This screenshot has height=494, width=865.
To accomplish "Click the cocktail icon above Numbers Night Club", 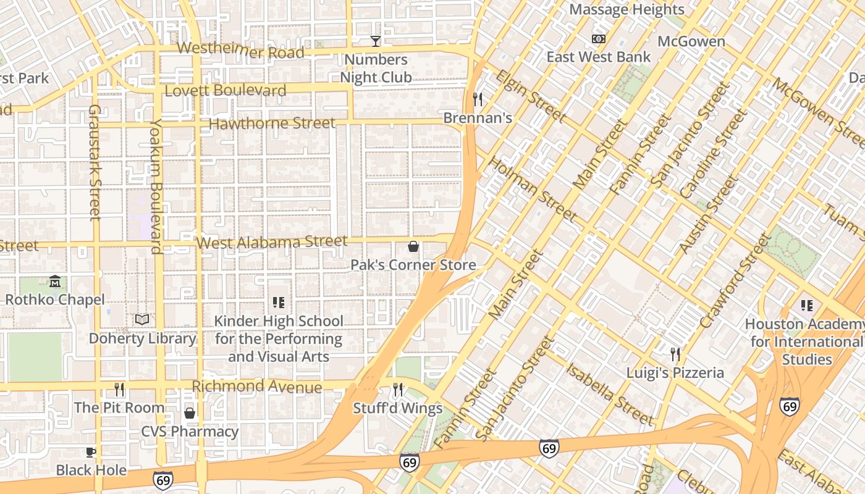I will pos(375,41).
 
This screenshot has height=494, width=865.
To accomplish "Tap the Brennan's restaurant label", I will pos(478,118).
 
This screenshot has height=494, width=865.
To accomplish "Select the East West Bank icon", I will pos(598,39).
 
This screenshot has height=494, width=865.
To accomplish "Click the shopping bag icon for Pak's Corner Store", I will pos(413,247).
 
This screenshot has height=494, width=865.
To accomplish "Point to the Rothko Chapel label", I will pos(54,299).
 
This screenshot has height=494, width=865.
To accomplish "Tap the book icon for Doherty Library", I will pos(142,319).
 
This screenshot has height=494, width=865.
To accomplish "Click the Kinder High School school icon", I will pos(279,303).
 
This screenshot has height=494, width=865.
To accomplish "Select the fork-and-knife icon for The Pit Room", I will pos(119,390).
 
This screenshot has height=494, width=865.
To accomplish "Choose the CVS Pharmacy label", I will pos(190,432).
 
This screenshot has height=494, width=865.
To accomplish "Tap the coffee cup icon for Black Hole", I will pos(90,452).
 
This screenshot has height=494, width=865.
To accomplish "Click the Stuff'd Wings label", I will pos(398,408).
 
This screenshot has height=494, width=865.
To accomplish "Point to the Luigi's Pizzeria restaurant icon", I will pos(675,354).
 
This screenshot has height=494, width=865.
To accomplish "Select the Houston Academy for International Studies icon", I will pos(806,306).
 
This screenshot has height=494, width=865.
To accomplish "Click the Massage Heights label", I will pos(627,9).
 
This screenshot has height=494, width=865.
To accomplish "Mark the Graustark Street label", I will pos(95,162).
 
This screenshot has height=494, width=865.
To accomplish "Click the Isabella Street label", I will pos(609,393).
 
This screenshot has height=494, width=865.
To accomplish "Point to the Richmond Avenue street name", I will pos(256,387).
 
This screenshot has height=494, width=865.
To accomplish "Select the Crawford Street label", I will pos(735,281).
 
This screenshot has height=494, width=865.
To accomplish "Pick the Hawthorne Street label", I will pos(272,123).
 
